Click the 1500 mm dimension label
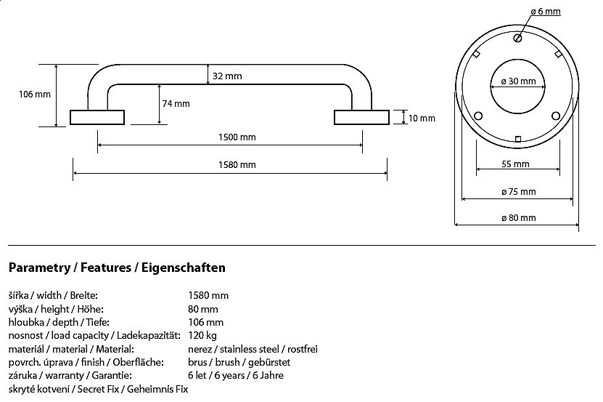click(238, 137)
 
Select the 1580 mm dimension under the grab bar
click(238, 165)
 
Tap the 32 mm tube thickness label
click(228, 76)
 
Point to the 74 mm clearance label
click(176, 104)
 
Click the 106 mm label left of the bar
click(35, 95)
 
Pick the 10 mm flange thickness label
click(422, 118)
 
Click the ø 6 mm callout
click(546, 12)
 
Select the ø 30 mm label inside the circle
click(518, 81)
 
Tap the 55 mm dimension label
click(515, 164)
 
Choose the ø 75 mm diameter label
click(518, 192)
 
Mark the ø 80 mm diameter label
click(518, 218)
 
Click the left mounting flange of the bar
click(97, 118)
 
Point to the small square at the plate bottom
click(517, 138)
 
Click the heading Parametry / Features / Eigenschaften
click(117, 268)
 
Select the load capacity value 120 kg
click(202, 335)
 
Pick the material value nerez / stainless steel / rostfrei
click(253, 349)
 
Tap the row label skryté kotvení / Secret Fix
click(98, 390)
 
